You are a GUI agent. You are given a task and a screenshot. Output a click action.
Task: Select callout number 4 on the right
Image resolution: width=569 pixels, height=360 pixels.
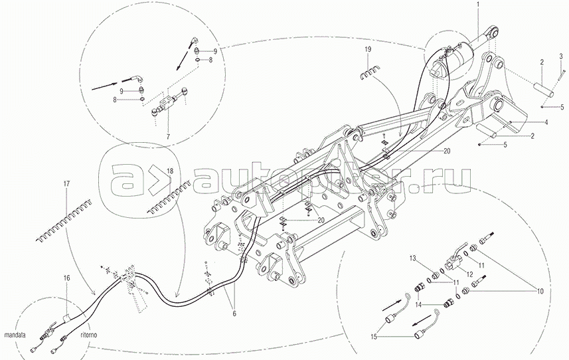[x=546, y=122]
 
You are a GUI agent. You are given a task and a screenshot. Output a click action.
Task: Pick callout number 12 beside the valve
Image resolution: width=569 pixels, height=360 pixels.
[x=469, y=274]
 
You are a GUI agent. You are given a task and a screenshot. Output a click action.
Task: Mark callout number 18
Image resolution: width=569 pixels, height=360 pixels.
[x=171, y=171]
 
